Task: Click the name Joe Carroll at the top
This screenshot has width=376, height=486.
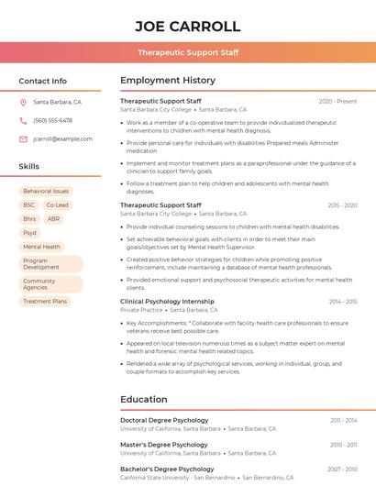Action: [187, 26]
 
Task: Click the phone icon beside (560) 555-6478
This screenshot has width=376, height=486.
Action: [23, 120]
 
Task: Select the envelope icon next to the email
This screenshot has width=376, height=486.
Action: [23, 138]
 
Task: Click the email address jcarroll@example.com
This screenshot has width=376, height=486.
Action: [62, 138]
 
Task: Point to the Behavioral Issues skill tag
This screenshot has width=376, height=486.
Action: [46, 192]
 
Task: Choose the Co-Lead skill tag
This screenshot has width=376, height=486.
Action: [57, 205]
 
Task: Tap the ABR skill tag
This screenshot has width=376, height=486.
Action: [54, 219]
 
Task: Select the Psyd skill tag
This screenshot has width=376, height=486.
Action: [30, 233]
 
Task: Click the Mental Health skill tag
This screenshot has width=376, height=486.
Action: [41, 247]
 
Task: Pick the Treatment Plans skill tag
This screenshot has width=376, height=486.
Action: [45, 301]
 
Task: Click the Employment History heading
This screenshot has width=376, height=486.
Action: [167, 81]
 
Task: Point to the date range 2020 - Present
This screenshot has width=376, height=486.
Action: [337, 101]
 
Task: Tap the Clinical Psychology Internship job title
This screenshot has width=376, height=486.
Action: [167, 301]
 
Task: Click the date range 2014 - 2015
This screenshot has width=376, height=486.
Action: [342, 301]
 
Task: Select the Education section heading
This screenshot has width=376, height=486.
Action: [143, 400]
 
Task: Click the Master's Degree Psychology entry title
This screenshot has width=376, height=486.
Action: [164, 445]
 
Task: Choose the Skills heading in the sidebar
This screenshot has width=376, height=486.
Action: [29, 167]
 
